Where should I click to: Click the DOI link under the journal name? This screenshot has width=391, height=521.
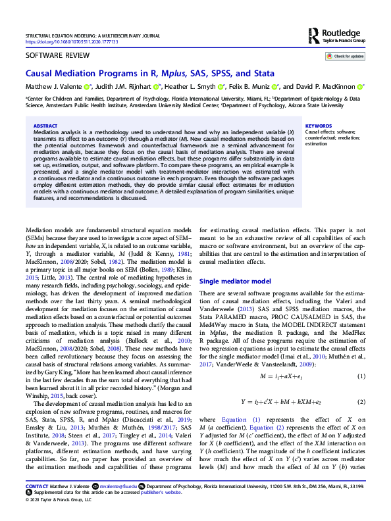click(x=70, y=41)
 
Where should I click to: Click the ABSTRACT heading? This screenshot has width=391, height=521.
click(x=45, y=125)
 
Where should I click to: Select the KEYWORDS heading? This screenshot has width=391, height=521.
click(x=318, y=125)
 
